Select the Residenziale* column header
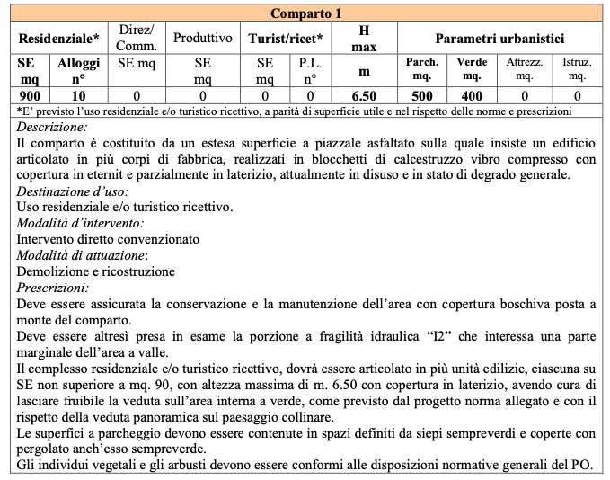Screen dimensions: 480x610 pyautogui.click(x=59, y=39)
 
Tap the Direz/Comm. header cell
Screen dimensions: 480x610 pyautogui.click(x=137, y=39)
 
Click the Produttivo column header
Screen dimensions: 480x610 pyautogui.click(x=202, y=39)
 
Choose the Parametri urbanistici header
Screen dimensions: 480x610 pyautogui.click(x=499, y=39)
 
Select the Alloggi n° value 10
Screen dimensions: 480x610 pyautogui.click(x=80, y=95)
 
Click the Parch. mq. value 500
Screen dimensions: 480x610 pyautogui.click(x=422, y=95)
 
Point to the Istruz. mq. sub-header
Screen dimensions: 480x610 pyautogui.click(x=576, y=69)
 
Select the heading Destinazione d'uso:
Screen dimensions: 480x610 pyautogui.click(x=72, y=191)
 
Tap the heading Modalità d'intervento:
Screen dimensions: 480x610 pyautogui.click(x=80, y=224)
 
